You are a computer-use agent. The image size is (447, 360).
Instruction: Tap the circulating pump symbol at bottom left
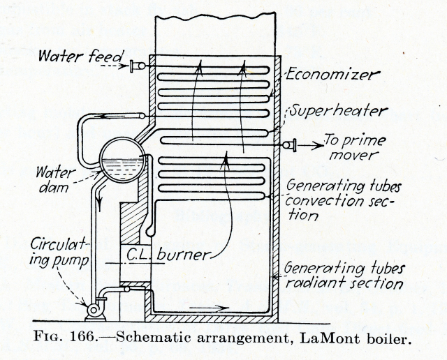[92, 306]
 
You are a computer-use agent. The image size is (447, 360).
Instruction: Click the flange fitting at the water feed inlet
[135, 66]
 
